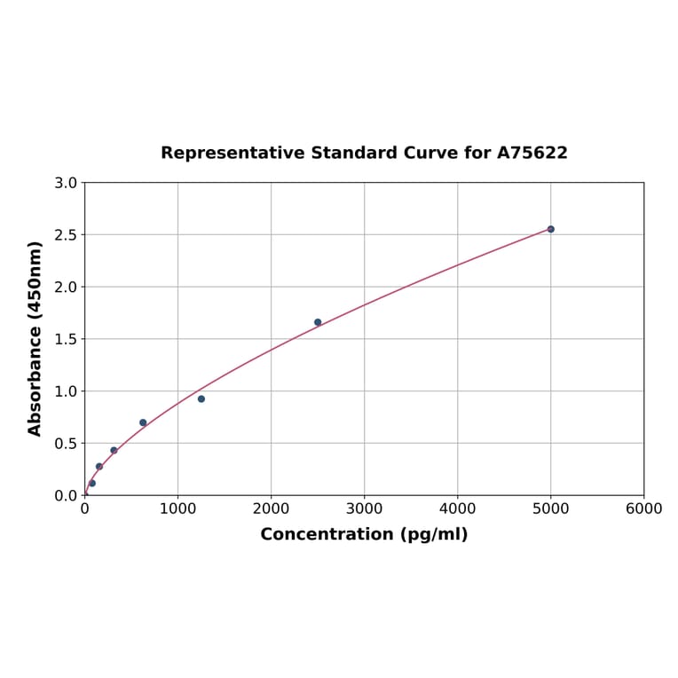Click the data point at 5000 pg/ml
pos(550,229)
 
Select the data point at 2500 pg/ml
pos(318,322)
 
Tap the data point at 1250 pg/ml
pos(201,398)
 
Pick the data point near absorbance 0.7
pos(143,422)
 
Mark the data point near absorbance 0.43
pos(114,450)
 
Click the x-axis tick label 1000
pos(177,508)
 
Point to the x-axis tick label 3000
pos(364,508)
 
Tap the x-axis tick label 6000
pos(643,508)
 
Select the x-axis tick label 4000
pos(457,508)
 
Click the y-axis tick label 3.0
pos(66,183)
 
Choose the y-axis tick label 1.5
pos(66,339)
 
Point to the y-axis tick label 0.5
pos(66,443)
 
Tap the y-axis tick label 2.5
pos(66,235)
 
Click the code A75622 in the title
pos(532,154)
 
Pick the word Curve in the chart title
pos(430,154)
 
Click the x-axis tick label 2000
pos(271,508)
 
